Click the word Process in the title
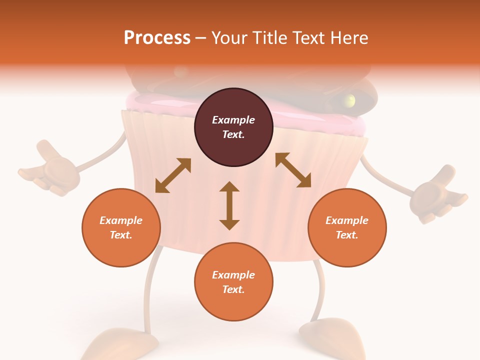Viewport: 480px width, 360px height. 157,38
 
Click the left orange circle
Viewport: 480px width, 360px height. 121,227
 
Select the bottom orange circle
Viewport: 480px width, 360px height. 233,282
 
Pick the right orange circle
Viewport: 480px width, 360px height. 347,227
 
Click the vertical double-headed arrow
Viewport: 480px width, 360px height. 229,205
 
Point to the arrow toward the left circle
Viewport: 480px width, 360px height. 173,175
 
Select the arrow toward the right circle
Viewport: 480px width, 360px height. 293,170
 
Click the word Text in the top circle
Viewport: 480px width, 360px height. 233,134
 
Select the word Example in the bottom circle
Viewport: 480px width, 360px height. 233,275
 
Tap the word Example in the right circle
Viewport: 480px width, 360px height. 347,220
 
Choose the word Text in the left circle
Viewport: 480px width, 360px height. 121,235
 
